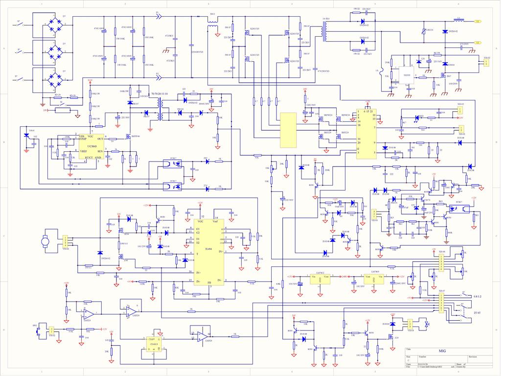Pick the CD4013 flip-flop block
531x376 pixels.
coord(153,344)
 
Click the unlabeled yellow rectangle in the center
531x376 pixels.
coord(288,130)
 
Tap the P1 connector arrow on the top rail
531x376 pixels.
coord(158,17)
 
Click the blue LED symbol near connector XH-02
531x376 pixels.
coord(420,117)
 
